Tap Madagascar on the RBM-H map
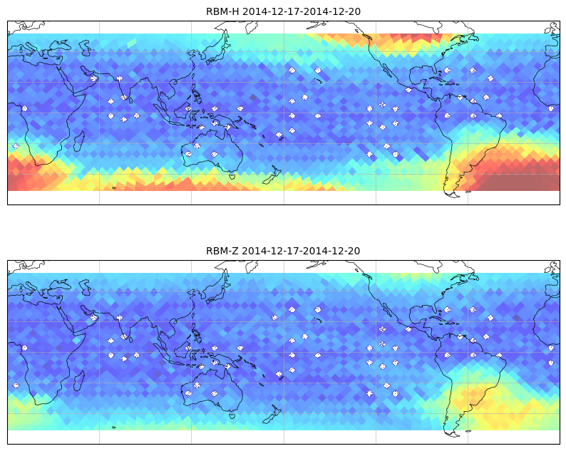79,141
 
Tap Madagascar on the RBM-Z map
79,380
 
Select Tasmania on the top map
232,176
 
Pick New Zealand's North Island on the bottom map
277,410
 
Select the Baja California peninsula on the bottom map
387,310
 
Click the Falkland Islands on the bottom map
468,431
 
